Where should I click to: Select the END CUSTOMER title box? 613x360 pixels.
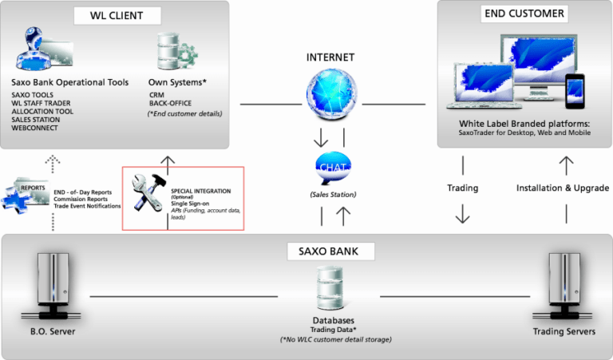point(524,14)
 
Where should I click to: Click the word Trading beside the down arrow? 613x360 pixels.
point(462,188)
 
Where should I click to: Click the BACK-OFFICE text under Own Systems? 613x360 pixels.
point(170,102)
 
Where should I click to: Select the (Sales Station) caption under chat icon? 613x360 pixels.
point(330,194)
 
